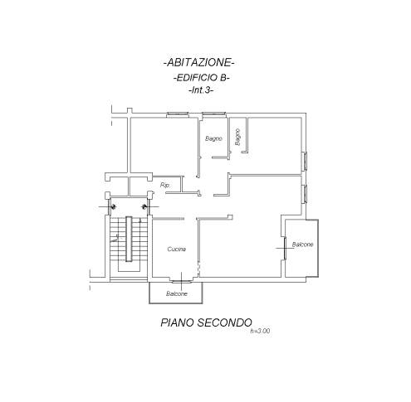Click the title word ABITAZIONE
click(x=199, y=63)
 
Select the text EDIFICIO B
click(x=202, y=78)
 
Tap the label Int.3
click(x=202, y=90)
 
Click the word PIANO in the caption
click(x=177, y=322)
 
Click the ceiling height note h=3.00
click(x=260, y=331)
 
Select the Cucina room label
click(x=177, y=249)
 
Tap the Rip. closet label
click(x=165, y=186)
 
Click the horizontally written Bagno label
click(x=213, y=138)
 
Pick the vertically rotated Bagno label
click(x=237, y=137)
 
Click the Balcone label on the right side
click(x=303, y=245)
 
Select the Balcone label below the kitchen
click(x=177, y=293)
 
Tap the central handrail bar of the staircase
click(x=129, y=239)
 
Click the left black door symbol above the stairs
click(x=113, y=206)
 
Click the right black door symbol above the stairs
click(x=144, y=206)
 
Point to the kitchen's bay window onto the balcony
click(x=182, y=281)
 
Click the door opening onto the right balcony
click(x=285, y=248)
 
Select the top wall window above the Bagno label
click(x=213, y=114)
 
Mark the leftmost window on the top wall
click(x=178, y=114)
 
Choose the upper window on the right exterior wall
click(x=305, y=161)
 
